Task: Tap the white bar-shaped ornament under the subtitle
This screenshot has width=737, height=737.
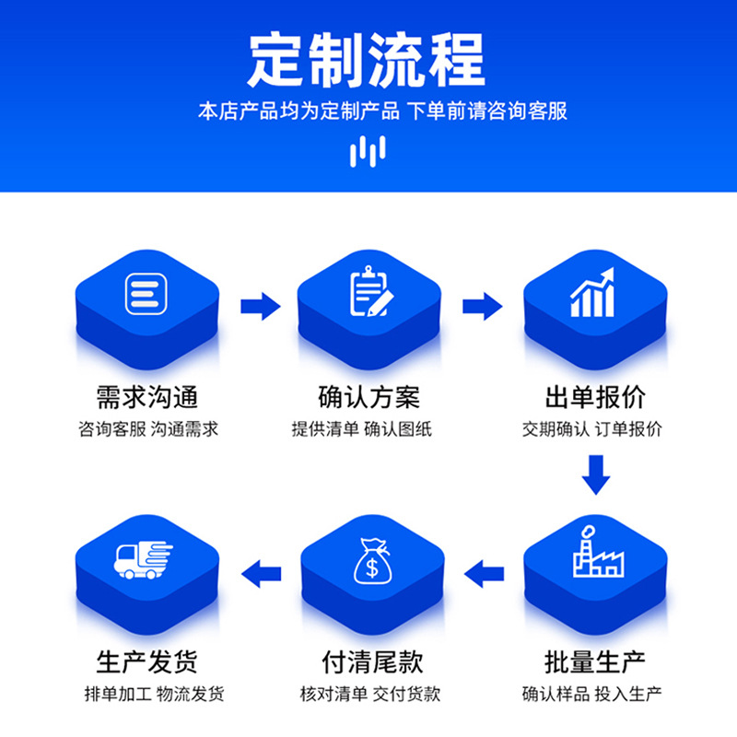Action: click(x=368, y=151)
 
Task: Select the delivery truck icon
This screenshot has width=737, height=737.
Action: click(x=144, y=558)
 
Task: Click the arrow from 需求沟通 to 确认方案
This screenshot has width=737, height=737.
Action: click(x=260, y=306)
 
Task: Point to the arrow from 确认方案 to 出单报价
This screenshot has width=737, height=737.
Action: click(x=482, y=306)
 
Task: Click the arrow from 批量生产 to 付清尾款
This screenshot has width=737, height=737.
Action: click(x=485, y=575)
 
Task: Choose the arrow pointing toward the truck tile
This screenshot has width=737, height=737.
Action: click(x=261, y=575)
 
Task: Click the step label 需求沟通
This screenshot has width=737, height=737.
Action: click(x=147, y=398)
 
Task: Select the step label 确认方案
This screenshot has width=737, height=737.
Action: click(x=368, y=398)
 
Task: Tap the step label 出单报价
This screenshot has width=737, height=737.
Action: click(x=595, y=398)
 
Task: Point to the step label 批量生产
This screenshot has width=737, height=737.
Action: click(x=595, y=661)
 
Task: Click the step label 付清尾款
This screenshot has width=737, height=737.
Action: click(x=370, y=661)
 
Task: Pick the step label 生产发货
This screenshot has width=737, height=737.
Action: click(x=147, y=661)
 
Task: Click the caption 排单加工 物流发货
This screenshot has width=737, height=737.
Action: click(x=147, y=694)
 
